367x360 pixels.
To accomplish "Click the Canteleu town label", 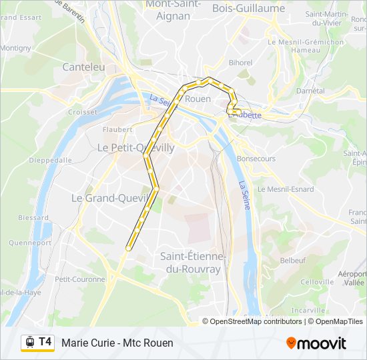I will click(83, 67).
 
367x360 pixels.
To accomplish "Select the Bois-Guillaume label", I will click(248, 9).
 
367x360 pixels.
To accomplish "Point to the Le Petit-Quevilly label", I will click(136, 147).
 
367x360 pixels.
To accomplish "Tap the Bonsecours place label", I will click(256, 159).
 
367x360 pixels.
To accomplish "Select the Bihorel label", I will click(240, 63).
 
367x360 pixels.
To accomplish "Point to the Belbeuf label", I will click(293, 260).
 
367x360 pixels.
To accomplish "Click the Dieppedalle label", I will click(50, 160).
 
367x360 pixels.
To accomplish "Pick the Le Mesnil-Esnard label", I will click(286, 189).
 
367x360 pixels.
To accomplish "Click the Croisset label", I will click(82, 112).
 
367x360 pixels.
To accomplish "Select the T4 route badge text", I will click(45, 342).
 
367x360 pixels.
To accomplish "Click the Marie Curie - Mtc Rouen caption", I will click(117, 343).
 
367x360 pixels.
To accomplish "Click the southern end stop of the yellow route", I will click(127, 248).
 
